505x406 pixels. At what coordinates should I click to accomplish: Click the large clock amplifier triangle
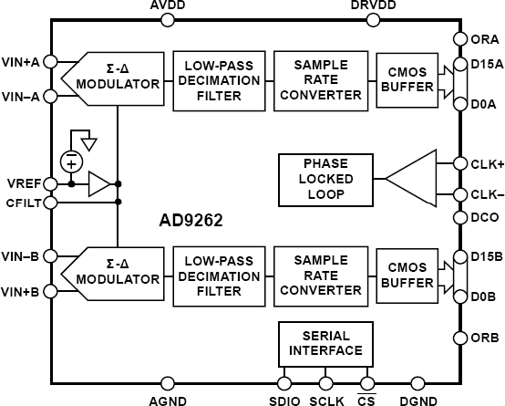(x=417, y=177)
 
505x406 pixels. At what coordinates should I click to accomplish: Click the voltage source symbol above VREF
(x=69, y=161)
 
